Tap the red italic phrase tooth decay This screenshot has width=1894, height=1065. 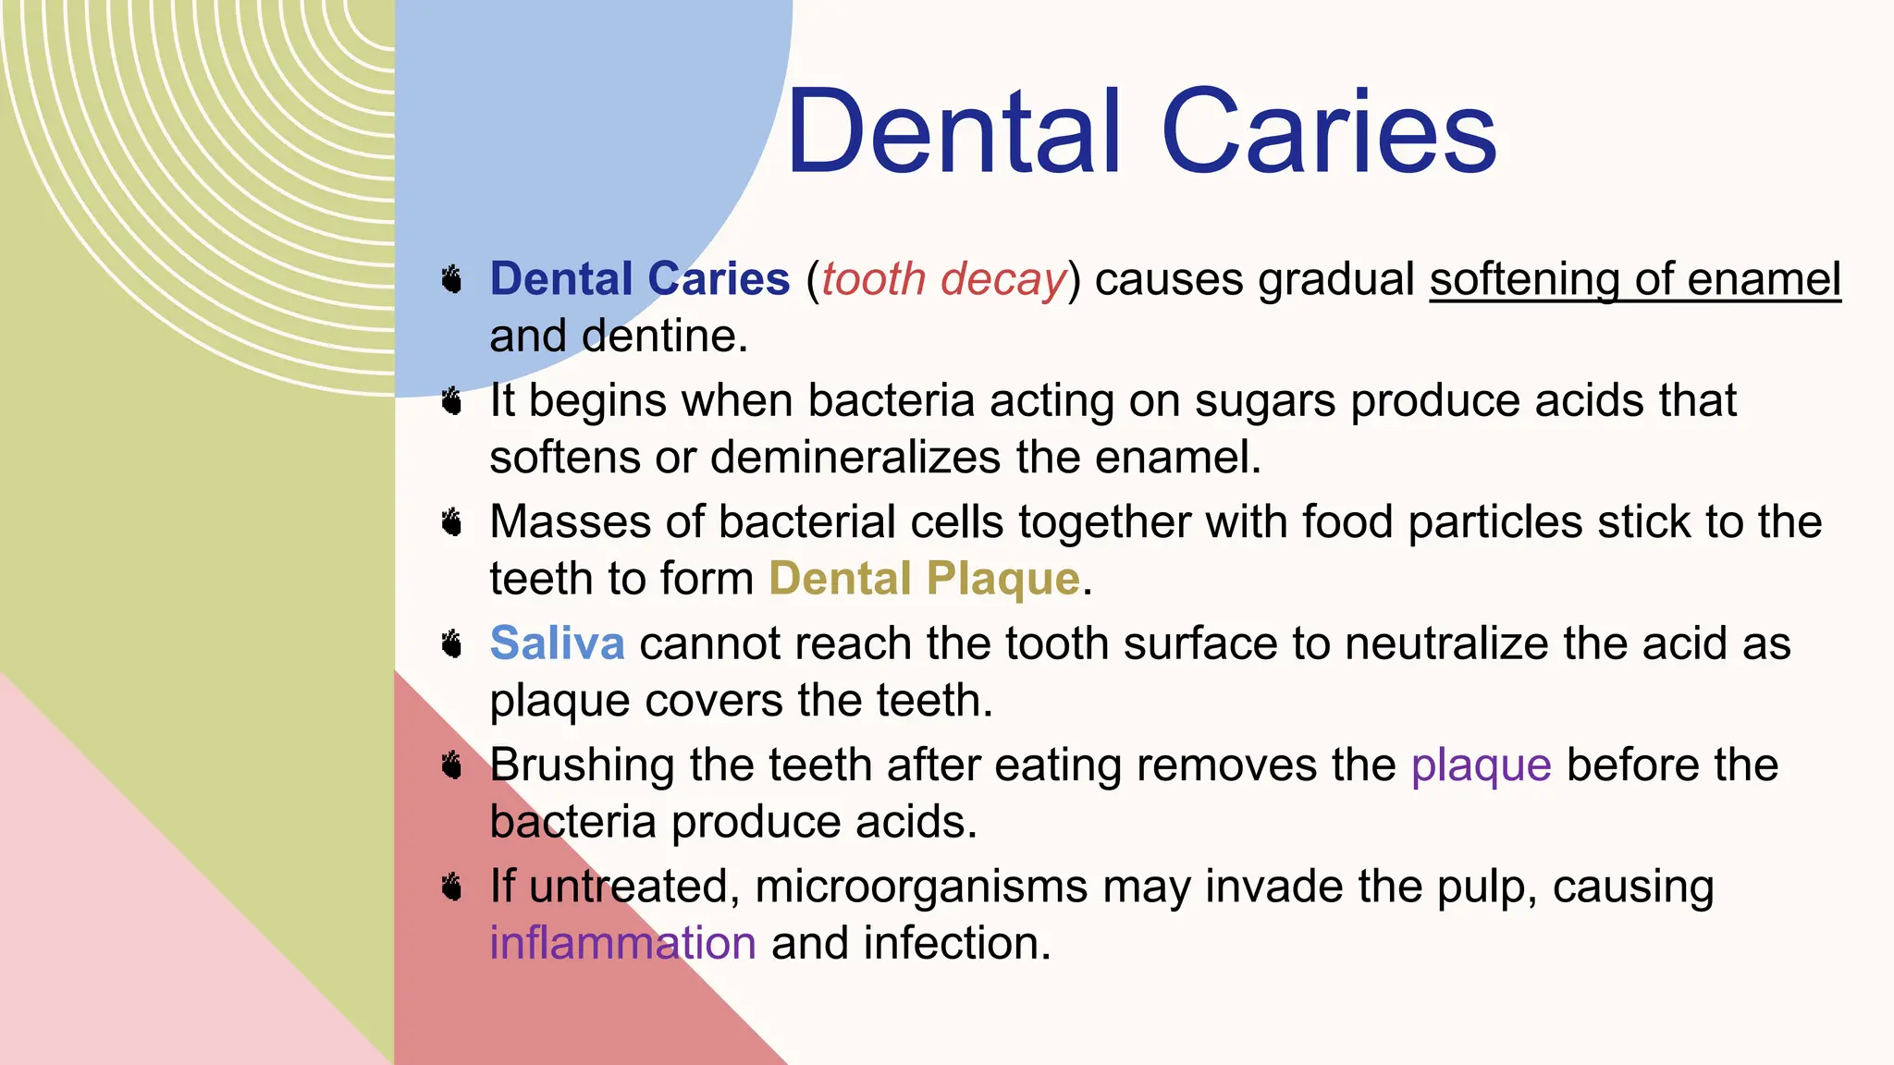coord(943,279)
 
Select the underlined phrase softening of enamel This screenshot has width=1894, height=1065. coord(1635,279)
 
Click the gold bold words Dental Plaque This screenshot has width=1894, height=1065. coord(924,579)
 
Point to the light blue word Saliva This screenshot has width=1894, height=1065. coord(557,643)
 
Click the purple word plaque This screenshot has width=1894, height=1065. coord(1481,765)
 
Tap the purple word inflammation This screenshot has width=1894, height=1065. coord(622,943)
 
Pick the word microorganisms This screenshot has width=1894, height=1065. coord(920,887)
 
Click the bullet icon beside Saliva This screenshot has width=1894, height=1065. coord(451,643)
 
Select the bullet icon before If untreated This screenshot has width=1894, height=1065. coord(451,887)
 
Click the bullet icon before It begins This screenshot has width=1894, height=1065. coord(451,401)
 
